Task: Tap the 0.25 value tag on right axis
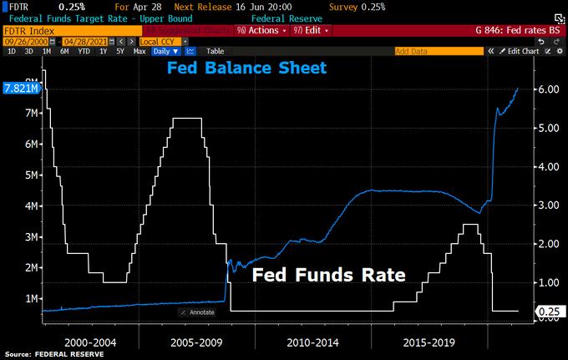coord(547,312)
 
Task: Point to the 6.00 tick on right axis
coord(545,89)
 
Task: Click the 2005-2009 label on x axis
coord(195,342)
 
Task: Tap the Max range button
coord(139,51)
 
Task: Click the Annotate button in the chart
coord(198,312)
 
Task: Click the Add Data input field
coord(438,51)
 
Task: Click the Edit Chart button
coord(524,51)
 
